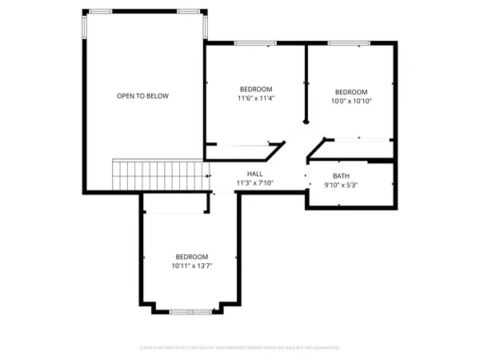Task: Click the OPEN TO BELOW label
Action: click(142, 96)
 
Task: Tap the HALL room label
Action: click(255, 174)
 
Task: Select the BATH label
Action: click(342, 176)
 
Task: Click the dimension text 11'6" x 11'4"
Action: click(256, 98)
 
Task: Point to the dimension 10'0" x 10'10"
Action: click(351, 102)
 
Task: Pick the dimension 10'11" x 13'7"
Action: click(191, 266)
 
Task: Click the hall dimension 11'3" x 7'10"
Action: click(255, 183)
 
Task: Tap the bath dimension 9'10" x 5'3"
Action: click(342, 186)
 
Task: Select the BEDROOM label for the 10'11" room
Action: click(191, 256)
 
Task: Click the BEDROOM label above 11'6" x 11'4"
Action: click(256, 89)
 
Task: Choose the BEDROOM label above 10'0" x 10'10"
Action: click(351, 92)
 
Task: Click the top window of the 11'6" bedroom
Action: click(250, 43)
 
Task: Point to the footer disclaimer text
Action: click(240, 348)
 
